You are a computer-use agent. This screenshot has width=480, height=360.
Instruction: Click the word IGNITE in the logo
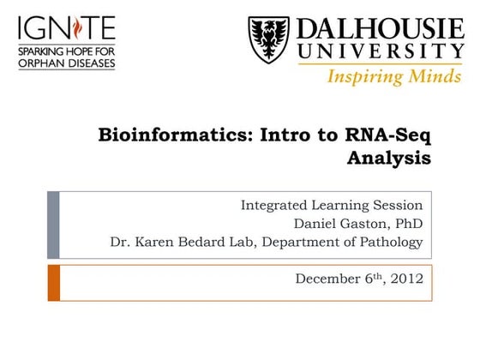pos(65,28)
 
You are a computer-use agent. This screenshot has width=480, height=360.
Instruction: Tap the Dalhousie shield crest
pos(269,39)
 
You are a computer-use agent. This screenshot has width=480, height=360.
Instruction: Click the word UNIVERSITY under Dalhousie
pos(381,53)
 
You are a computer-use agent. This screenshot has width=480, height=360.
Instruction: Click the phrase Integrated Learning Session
pos(331,206)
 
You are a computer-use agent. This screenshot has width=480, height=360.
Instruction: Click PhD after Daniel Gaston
pos(408,224)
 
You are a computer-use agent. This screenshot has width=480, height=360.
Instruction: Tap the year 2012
pos(406,279)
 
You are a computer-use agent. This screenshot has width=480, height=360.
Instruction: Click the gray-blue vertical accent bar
pos(53,225)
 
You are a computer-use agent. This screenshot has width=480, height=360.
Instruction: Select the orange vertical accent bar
pos(53,282)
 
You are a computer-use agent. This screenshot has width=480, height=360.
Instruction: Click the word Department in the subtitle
pos(297,243)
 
